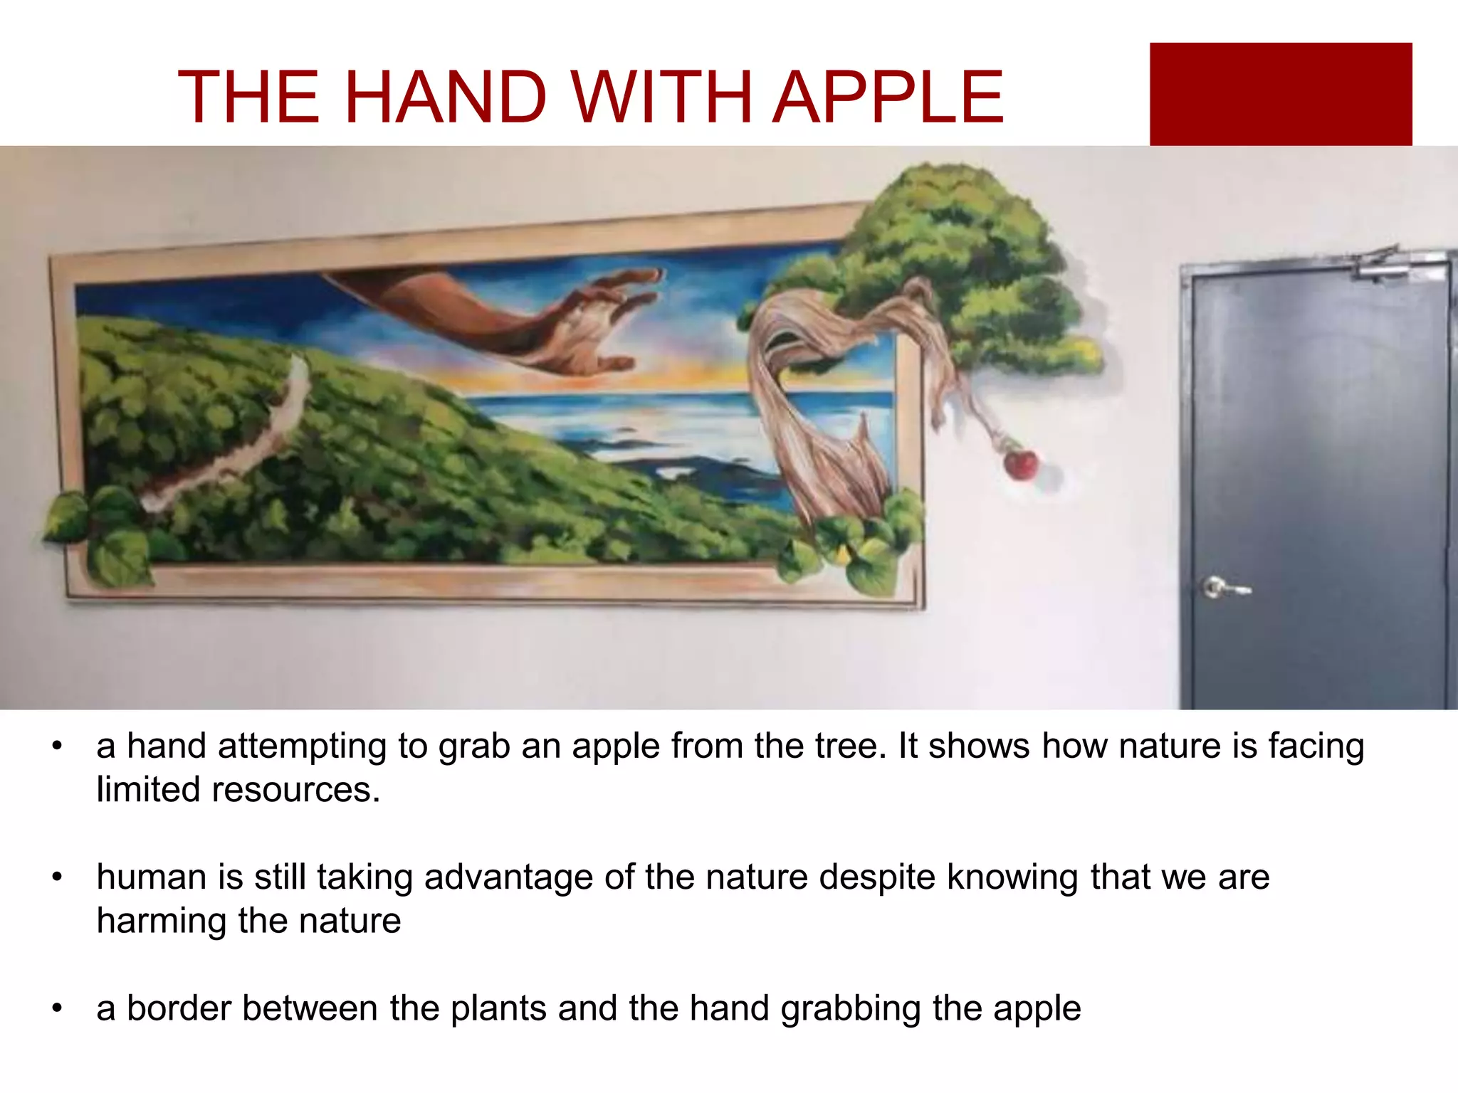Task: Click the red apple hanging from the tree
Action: pos(1021,464)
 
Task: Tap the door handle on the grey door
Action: pos(1223,588)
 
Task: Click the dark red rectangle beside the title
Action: pos(1280,94)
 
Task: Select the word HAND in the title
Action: pos(445,97)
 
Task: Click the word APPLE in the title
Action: pos(888,97)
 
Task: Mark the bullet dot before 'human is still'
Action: pos(58,877)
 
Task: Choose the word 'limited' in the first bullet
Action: pos(148,790)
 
